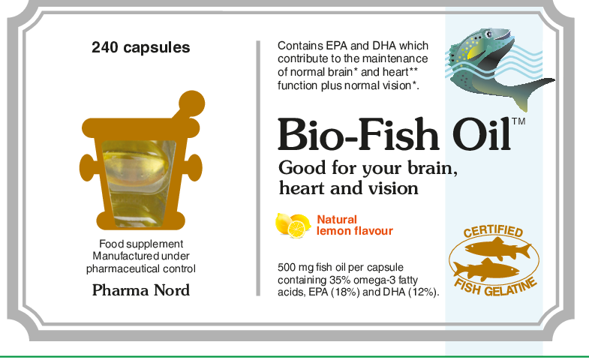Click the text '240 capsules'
coord(141,48)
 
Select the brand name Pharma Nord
coord(141,289)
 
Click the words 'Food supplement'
coord(141,244)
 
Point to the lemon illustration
coord(292,223)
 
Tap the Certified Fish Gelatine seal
coord(494,259)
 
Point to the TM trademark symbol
coord(518,121)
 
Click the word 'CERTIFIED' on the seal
coord(493,232)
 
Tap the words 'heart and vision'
coord(348,187)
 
